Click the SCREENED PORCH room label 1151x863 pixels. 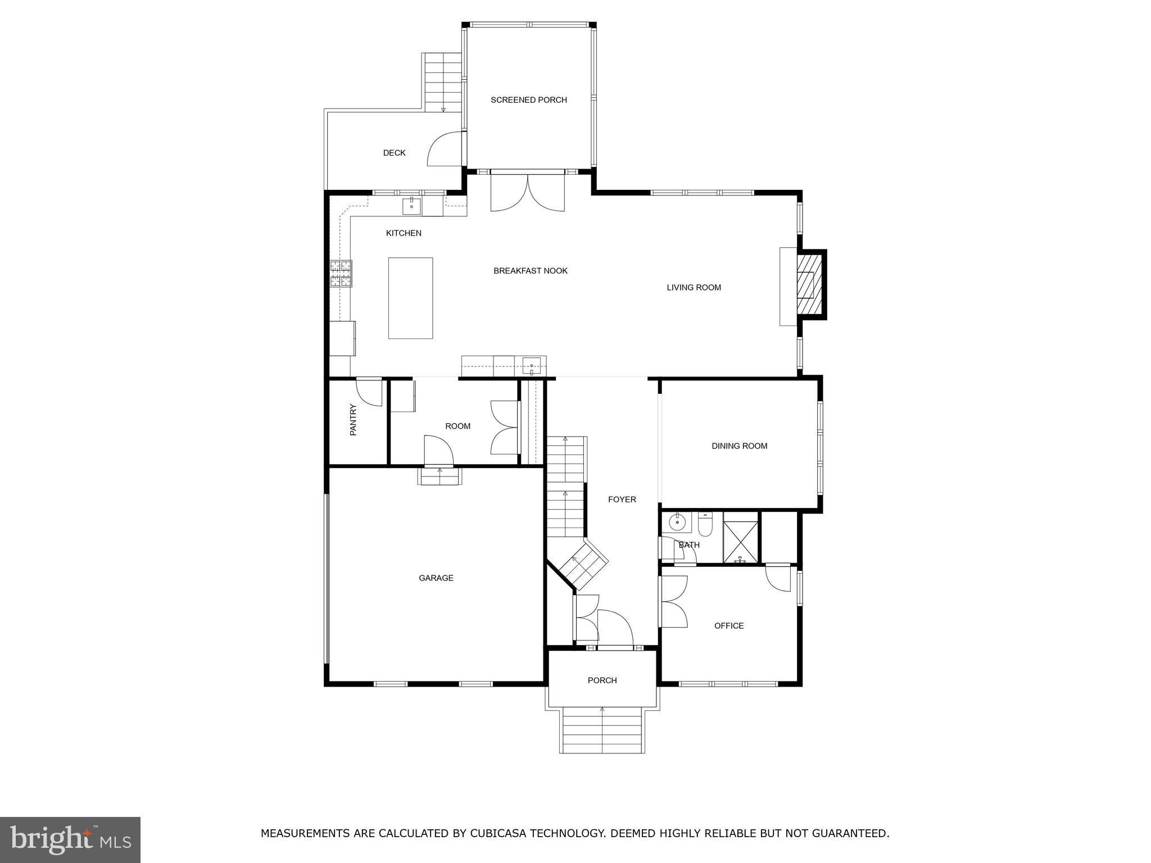[x=528, y=100]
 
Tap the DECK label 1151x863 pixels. [x=394, y=153]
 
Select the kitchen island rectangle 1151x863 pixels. [x=410, y=298]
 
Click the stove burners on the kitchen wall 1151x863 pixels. [x=341, y=274]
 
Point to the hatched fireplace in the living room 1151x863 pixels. [x=809, y=284]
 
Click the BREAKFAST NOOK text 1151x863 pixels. [x=530, y=271]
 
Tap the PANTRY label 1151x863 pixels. [x=353, y=420]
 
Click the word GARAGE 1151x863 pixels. [x=436, y=578]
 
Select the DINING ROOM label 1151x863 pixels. [x=739, y=446]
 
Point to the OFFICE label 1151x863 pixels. [x=728, y=625]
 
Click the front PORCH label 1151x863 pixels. [x=602, y=680]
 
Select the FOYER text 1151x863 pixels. [x=622, y=499]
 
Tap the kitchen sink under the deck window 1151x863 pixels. [x=411, y=206]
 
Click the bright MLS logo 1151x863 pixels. [x=70, y=839]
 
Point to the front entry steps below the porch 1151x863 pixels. [x=602, y=730]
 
